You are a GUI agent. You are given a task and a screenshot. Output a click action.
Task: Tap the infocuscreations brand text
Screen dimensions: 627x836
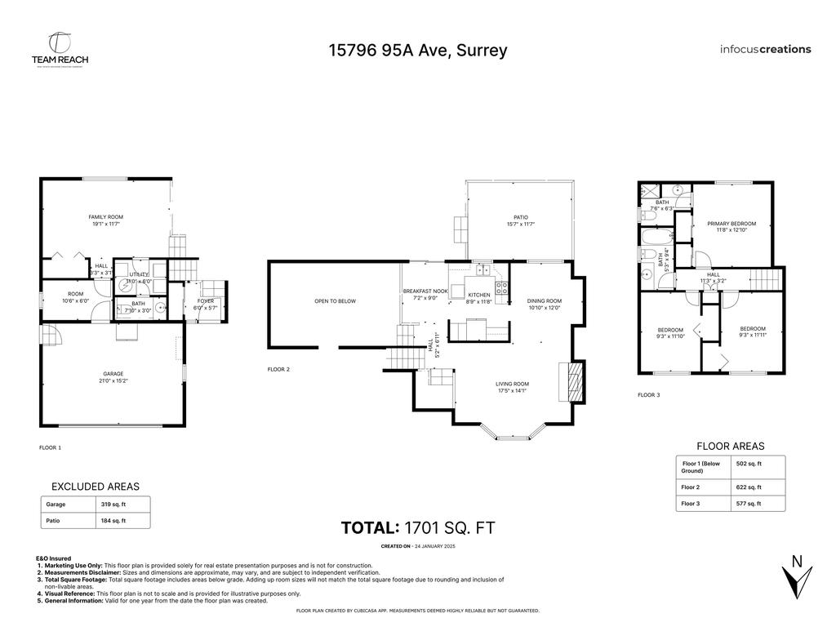coord(765,49)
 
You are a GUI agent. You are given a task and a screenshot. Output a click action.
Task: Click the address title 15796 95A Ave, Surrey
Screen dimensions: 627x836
coord(418,50)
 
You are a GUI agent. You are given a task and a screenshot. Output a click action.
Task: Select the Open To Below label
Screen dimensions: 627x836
coord(335,301)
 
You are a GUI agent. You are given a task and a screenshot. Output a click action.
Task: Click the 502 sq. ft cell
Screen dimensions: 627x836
coord(749,464)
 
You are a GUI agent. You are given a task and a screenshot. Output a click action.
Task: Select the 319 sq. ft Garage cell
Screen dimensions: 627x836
coord(113,505)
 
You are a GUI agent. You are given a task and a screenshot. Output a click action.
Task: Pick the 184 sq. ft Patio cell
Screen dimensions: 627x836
coord(113,520)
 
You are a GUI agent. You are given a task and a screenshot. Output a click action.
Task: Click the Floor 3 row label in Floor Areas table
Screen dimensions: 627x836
coord(691,504)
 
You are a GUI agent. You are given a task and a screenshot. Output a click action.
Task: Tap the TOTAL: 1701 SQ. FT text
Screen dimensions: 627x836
coord(418,528)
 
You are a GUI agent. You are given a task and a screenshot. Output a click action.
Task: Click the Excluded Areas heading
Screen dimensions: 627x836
coord(95,487)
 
